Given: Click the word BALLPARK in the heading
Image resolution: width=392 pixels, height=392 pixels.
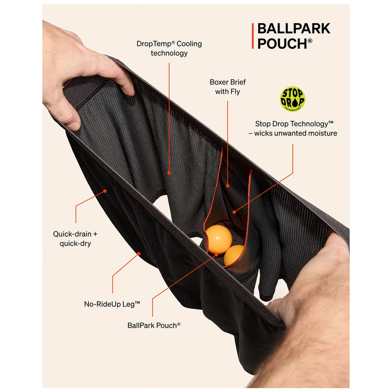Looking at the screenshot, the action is (x=294, y=29).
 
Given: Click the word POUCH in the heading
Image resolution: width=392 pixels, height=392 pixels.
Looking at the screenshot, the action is (x=282, y=44).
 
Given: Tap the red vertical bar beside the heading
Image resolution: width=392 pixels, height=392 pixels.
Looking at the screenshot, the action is (x=253, y=36).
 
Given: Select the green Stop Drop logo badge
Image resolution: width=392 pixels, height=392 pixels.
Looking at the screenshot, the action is (x=292, y=99).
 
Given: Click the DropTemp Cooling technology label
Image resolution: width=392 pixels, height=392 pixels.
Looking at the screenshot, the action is (x=169, y=48).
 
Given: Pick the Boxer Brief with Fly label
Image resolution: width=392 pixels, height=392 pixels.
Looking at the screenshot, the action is (x=227, y=87).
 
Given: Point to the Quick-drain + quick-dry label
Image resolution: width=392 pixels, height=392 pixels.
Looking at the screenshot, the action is (x=75, y=239).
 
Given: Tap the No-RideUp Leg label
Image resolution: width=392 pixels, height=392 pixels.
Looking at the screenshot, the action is (x=112, y=304).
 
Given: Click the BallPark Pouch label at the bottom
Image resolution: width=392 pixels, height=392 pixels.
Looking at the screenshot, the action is (x=154, y=325).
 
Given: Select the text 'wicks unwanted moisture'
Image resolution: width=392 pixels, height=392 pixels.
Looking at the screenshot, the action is (x=296, y=133).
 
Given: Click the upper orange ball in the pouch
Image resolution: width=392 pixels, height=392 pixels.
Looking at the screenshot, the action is (x=219, y=239).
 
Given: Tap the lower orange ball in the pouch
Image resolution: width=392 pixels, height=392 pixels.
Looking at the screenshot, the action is (x=234, y=255).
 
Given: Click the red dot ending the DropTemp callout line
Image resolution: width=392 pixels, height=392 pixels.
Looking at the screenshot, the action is (x=169, y=173).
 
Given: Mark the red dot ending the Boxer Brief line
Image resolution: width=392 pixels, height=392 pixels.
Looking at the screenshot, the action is (x=227, y=186).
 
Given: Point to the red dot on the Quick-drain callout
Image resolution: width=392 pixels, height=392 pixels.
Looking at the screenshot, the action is (x=105, y=191).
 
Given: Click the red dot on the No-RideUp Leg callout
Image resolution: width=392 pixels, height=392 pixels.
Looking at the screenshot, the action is (x=139, y=254).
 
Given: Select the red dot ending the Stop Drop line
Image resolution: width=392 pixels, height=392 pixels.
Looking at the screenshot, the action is (x=234, y=212).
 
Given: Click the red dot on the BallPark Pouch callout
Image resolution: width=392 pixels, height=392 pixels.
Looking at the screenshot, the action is (x=217, y=255).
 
